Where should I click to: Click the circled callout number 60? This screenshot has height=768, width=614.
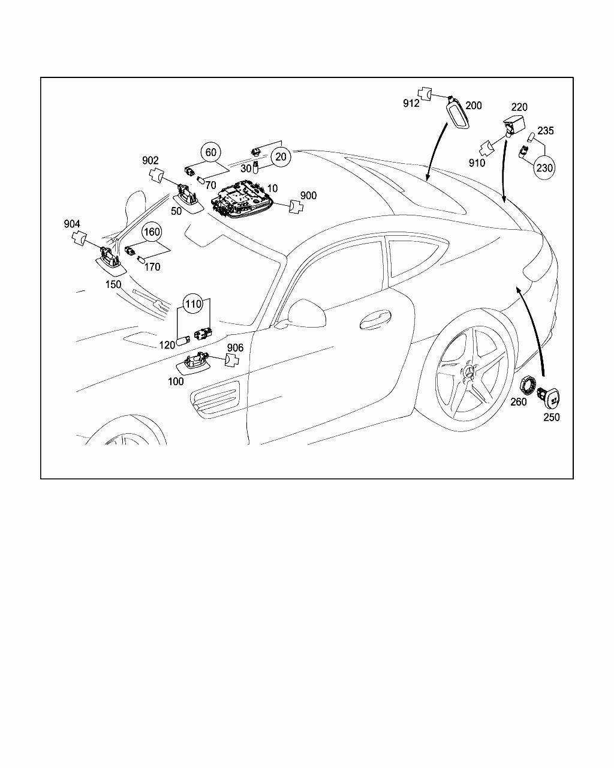[210, 152]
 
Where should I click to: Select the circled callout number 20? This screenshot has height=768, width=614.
[280, 157]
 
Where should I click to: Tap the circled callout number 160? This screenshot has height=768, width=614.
[151, 232]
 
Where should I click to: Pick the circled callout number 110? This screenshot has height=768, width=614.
[193, 304]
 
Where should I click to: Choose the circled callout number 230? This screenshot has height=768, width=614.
[544, 168]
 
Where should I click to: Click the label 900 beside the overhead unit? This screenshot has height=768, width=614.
[308, 196]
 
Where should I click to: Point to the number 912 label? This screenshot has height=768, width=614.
[411, 103]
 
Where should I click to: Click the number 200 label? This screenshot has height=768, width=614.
[473, 106]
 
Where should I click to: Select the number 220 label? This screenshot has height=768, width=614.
[519, 107]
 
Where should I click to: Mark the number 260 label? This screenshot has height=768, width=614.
[519, 401]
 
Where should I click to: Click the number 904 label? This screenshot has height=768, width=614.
[72, 224]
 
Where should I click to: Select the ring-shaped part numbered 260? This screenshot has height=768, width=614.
[527, 383]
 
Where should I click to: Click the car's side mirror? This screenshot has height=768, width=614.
[305, 313]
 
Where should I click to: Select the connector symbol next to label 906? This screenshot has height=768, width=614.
[231, 360]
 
